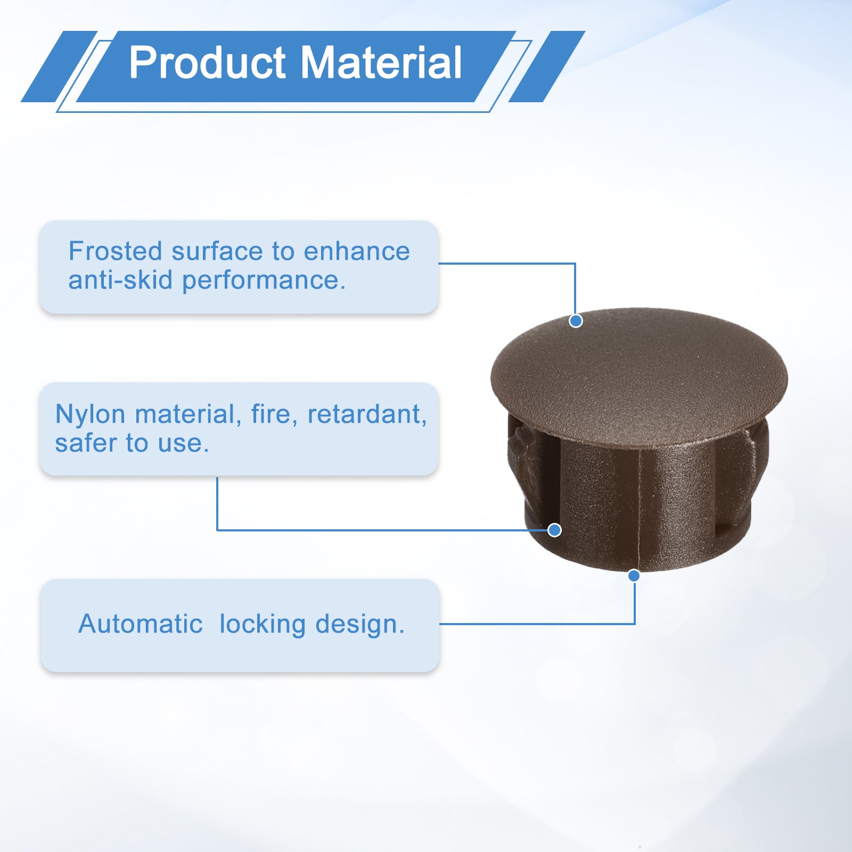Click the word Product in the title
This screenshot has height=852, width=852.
pyautogui.click(x=208, y=63)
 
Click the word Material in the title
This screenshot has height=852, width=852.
pyautogui.click(x=381, y=63)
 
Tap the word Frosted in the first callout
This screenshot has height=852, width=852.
pyautogui.click(x=115, y=251)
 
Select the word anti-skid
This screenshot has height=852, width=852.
pyautogui.click(x=120, y=280)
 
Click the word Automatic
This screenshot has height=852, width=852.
pyautogui.click(x=141, y=624)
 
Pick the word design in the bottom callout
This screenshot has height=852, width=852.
pyautogui.click(x=359, y=625)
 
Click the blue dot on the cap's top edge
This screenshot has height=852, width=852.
pyautogui.click(x=576, y=321)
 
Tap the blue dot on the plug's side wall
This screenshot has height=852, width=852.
pyautogui.click(x=554, y=530)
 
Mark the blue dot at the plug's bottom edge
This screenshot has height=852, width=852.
pyautogui.click(x=634, y=576)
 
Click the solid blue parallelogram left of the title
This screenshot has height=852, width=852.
pyautogui.click(x=59, y=67)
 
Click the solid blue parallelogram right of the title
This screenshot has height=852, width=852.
pyautogui.click(x=547, y=67)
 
